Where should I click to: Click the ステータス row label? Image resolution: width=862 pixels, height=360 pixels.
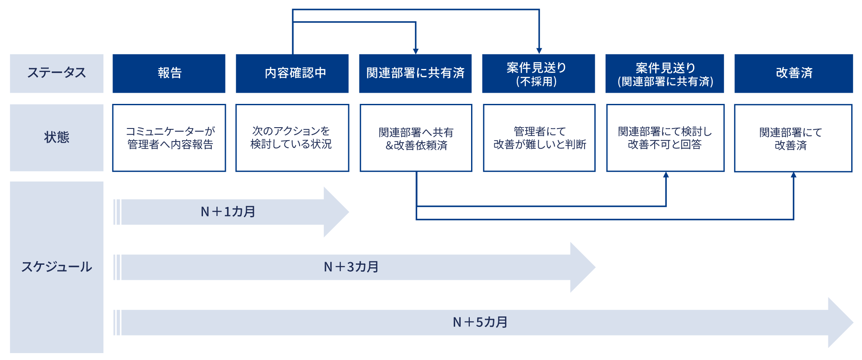(56, 73)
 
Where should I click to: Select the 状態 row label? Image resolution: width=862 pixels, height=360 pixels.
(56, 138)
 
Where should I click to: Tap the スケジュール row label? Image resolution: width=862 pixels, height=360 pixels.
(56, 267)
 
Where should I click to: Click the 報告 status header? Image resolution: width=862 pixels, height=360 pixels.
(169, 73)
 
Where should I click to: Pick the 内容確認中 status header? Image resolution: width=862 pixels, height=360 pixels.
(292, 73)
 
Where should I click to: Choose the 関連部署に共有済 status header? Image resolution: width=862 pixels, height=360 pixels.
(415, 73)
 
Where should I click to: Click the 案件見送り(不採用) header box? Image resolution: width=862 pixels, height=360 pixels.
(538, 73)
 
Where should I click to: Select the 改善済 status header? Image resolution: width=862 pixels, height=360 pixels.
(793, 73)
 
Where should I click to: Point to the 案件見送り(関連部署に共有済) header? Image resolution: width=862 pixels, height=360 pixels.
(665, 73)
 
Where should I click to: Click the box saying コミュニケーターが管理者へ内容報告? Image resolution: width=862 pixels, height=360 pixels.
(169, 138)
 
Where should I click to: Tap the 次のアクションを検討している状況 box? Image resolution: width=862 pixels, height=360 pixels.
(292, 138)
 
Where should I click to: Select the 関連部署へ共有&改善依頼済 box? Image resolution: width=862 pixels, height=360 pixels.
(416, 138)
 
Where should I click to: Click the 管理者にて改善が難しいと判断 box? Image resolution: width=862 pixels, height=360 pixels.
(539, 138)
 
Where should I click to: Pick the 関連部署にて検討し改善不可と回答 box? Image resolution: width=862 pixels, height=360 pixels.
(665, 138)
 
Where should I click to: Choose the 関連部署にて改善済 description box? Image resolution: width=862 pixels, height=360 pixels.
(793, 138)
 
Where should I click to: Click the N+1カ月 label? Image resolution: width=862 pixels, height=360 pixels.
(228, 212)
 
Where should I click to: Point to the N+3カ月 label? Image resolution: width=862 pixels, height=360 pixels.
(351, 267)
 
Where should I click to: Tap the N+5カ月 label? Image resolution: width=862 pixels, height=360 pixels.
(480, 322)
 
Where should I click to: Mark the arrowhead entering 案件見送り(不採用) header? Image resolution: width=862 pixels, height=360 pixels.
(539, 51)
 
